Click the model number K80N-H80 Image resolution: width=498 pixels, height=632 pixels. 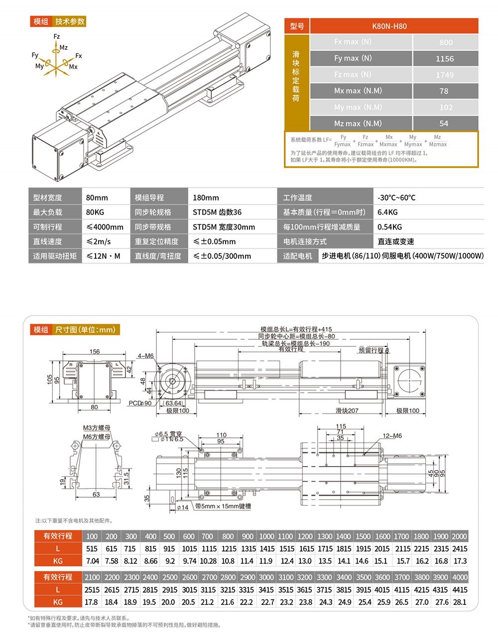pyautogui.click(x=389, y=26)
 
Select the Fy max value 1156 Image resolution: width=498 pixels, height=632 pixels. pyautogui.click(x=445, y=59)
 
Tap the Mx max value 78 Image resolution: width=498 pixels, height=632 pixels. pyautogui.click(x=444, y=91)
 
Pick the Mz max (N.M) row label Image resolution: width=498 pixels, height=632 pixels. pyautogui.click(x=358, y=123)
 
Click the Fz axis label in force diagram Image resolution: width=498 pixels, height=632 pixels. pyautogui.click(x=57, y=37)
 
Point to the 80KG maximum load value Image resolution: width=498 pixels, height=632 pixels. pyautogui.click(x=95, y=212)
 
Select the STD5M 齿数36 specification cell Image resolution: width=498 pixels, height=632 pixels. pyautogui.click(x=217, y=212)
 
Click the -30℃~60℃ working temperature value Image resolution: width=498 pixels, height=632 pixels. pyautogui.click(x=396, y=198)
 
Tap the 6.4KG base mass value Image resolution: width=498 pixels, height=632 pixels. pyautogui.click(x=387, y=212)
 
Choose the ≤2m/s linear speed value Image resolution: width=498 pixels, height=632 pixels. pyautogui.click(x=99, y=241)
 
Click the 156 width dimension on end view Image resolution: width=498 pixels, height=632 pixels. pyautogui.click(x=95, y=352)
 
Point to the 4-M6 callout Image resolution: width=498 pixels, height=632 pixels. pyautogui.click(x=145, y=356)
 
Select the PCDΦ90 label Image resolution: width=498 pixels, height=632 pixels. pyautogui.click(x=140, y=403)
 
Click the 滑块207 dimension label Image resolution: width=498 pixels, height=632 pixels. pyautogui.click(x=347, y=411)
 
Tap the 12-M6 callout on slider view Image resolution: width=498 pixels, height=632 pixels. pyautogui.click(x=392, y=436)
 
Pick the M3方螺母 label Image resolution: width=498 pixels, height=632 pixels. pyautogui.click(x=97, y=428)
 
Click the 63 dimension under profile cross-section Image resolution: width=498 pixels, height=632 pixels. pyautogui.click(x=96, y=494)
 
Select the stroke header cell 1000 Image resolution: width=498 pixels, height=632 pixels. pyautogui.click(x=266, y=536)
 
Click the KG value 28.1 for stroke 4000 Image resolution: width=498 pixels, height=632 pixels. pyautogui.click(x=460, y=602)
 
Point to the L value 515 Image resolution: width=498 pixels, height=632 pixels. pyautogui.click(x=92, y=549)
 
